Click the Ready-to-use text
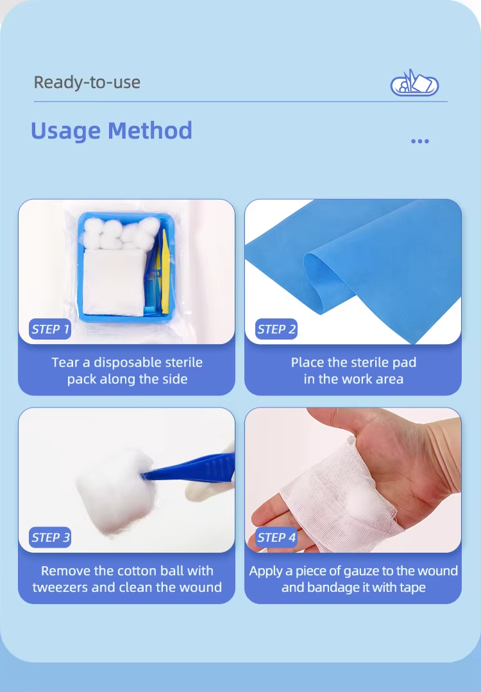pos(87,83)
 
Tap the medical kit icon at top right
pos(414,83)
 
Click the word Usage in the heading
pos(65,131)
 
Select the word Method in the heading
pos(150,131)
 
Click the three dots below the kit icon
pos(419,141)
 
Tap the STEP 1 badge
pos(50,329)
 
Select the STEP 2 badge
pos(276,329)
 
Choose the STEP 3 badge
pos(50,537)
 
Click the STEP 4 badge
pos(276,537)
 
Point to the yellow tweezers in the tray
pos(164,269)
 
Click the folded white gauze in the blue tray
pos(114,282)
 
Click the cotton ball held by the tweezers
pos(115,490)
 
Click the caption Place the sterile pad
pos(353,363)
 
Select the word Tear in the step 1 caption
pos(65,363)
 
